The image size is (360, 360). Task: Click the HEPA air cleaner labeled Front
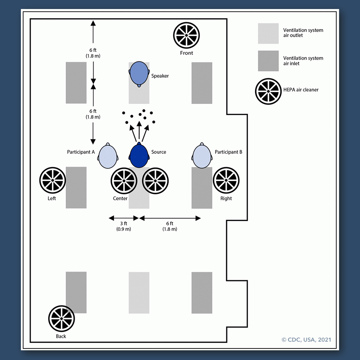pos(186,35)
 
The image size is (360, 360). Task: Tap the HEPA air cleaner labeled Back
pos(62,319)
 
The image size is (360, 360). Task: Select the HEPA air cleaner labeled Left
pos(53,180)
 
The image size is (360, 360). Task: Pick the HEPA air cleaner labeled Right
pos(226,180)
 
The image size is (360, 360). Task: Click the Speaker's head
pos(139,74)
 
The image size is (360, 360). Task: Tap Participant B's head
pos(202,156)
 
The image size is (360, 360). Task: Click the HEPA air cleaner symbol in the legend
pos(268,91)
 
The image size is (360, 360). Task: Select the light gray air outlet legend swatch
pos(268,33)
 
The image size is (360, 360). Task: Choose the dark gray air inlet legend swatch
pos(268,61)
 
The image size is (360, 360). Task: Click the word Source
pos(159,152)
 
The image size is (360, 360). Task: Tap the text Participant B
pos(229,152)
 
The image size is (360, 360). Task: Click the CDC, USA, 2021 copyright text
pos(306,339)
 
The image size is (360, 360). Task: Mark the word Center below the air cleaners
pos(120,198)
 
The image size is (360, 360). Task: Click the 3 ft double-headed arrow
pos(123,218)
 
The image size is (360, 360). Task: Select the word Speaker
pos(160,76)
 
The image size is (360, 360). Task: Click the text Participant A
pos(81,152)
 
